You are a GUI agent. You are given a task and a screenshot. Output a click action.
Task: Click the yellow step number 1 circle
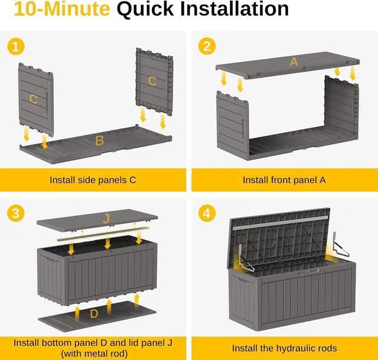(x=16, y=46)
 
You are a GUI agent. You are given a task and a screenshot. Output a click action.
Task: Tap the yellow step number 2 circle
(x=207, y=46)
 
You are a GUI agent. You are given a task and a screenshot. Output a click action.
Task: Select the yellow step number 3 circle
(x=16, y=213)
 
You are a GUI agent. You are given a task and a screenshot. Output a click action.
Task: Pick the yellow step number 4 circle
(x=207, y=213)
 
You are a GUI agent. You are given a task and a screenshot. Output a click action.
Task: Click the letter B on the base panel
(x=99, y=141)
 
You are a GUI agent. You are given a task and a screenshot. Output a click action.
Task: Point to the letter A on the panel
(x=294, y=62)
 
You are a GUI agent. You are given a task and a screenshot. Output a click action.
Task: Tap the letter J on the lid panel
(x=106, y=219)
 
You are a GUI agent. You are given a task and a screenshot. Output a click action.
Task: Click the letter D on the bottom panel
(x=94, y=314)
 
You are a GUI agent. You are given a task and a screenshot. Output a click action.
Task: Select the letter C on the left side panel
(x=33, y=99)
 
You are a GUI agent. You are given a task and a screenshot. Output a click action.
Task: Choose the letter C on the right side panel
(x=152, y=81)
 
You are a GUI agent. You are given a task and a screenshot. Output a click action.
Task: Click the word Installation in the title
(x=234, y=9)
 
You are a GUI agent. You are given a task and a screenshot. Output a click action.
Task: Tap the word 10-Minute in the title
(x=62, y=9)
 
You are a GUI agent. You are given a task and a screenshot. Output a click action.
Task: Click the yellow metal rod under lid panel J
(x=103, y=233)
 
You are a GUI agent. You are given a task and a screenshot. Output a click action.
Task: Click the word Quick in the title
(x=145, y=9)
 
